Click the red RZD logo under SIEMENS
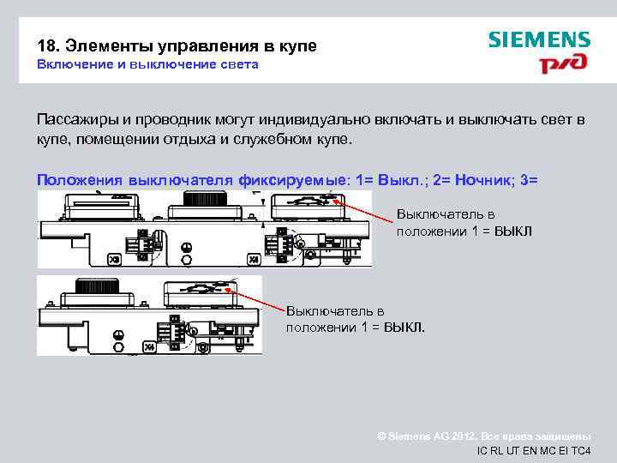(x=564, y=65)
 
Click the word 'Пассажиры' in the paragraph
(x=79, y=119)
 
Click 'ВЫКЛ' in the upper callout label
(x=512, y=231)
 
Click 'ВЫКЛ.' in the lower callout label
(x=404, y=328)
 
